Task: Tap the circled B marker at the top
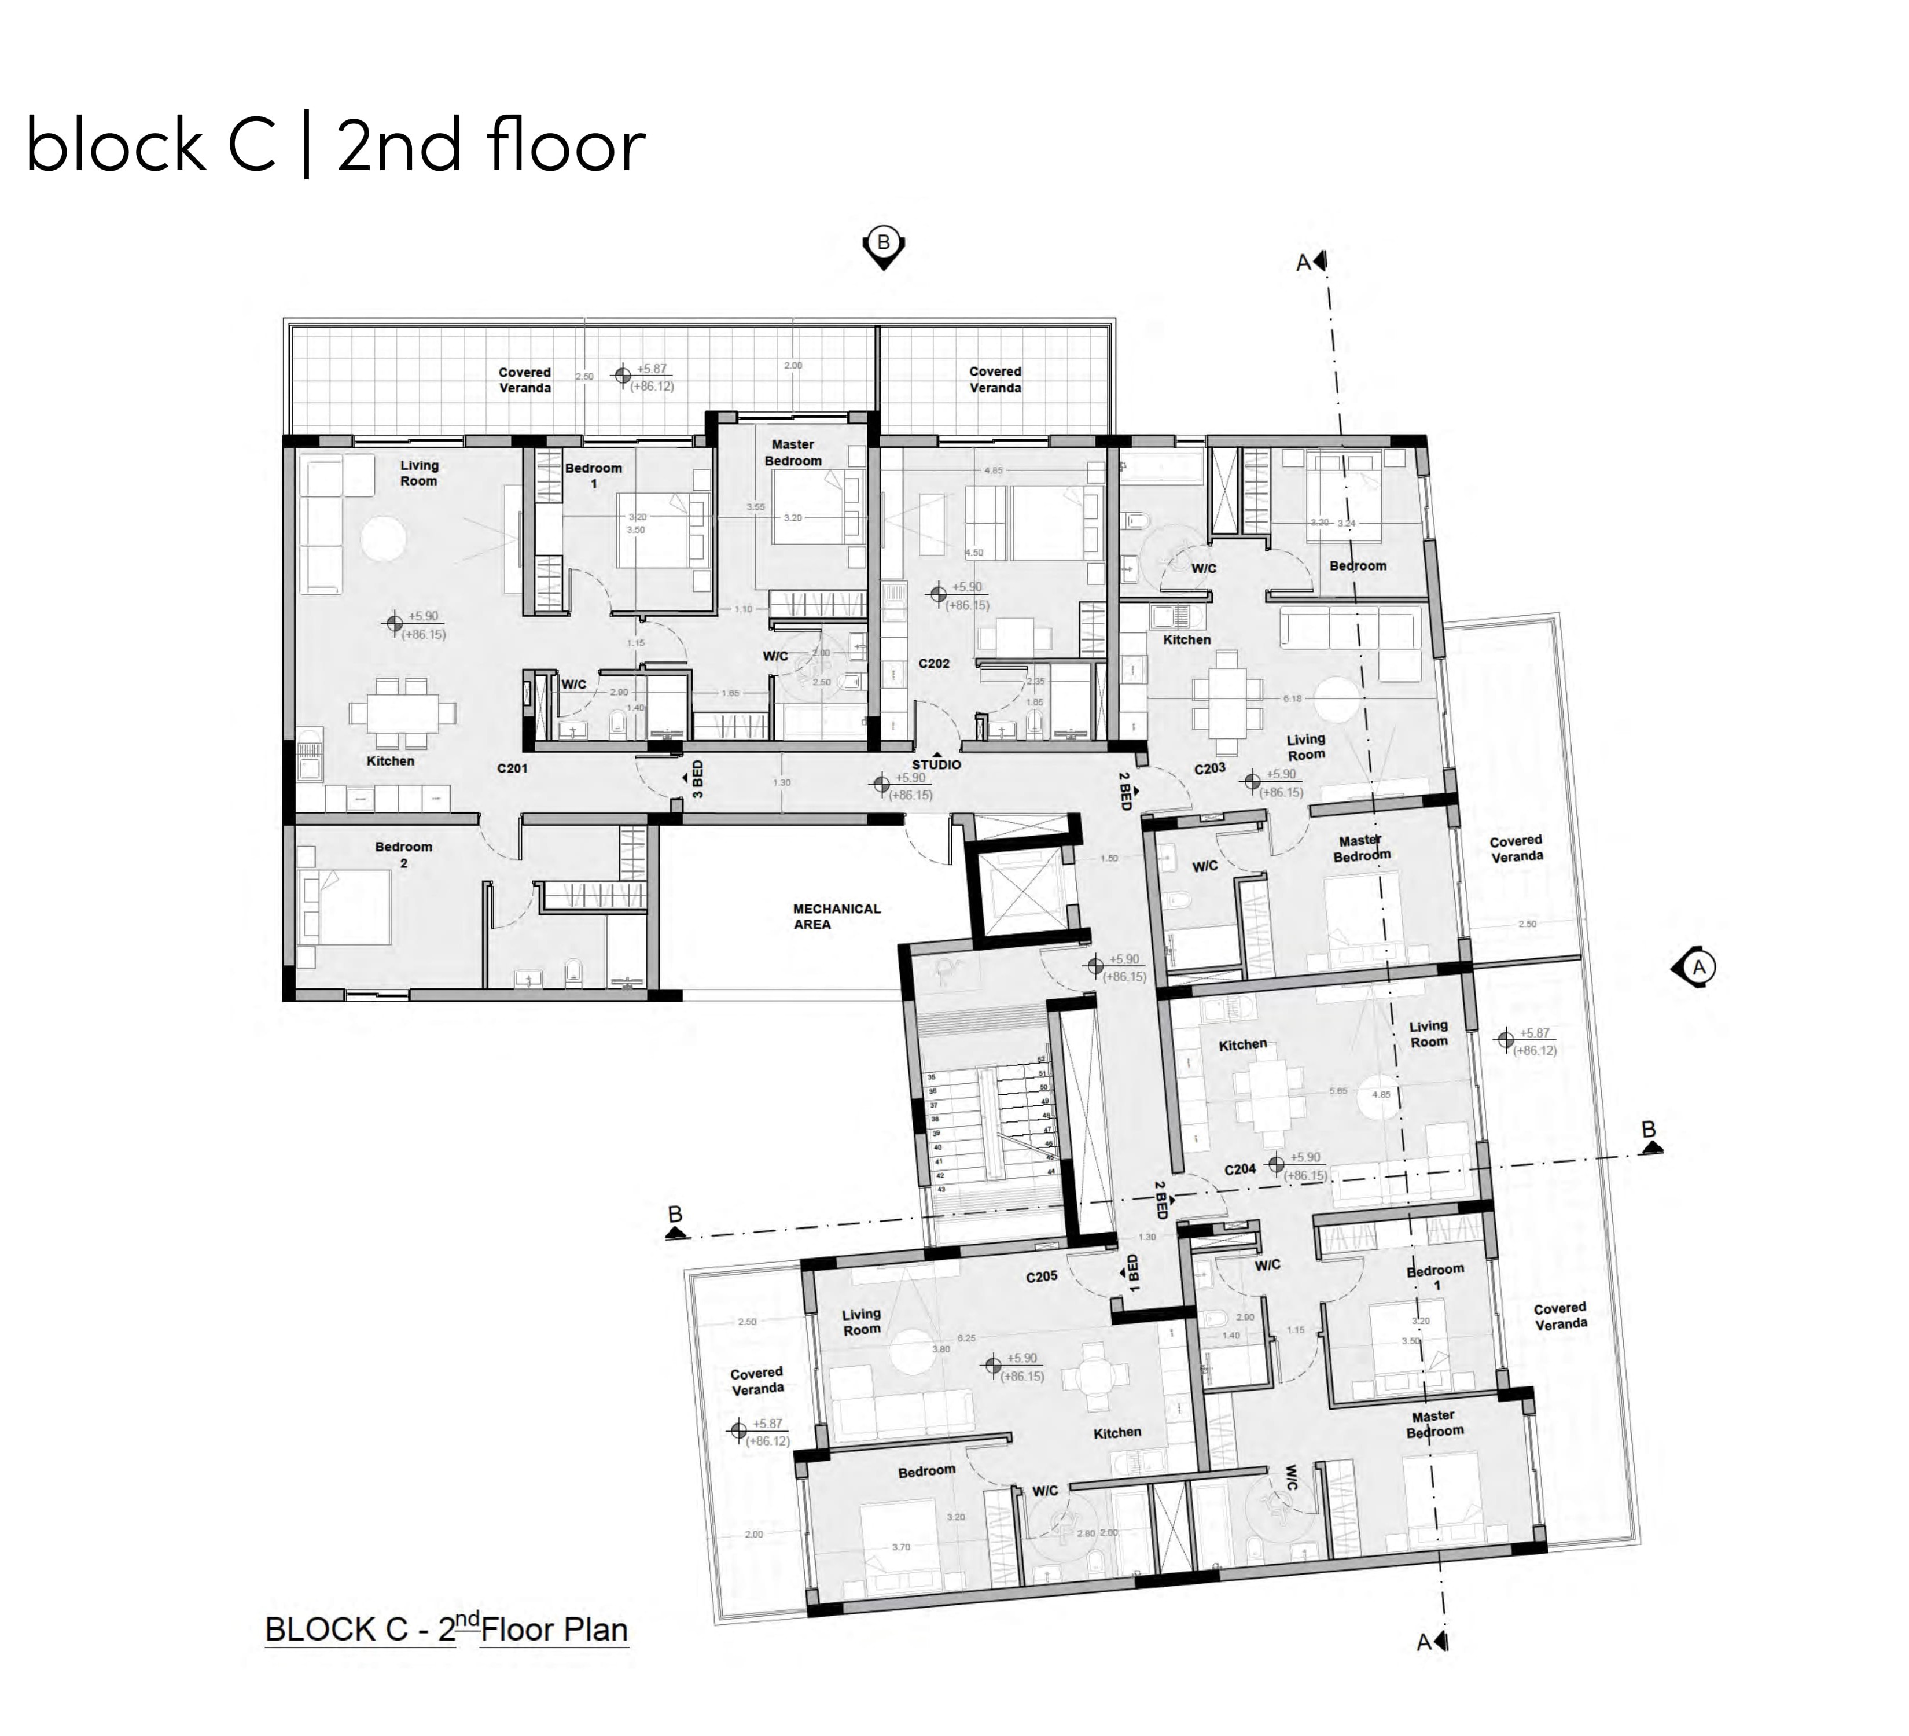click(x=884, y=244)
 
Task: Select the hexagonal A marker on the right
click(x=1698, y=967)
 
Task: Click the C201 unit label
click(x=512, y=768)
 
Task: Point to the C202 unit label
click(x=933, y=663)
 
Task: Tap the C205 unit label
click(x=1042, y=1276)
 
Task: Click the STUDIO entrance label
click(x=936, y=764)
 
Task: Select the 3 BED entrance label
click(x=698, y=778)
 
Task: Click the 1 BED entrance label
click(x=1134, y=1274)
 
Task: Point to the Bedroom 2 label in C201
click(x=403, y=854)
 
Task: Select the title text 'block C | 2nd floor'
click(x=335, y=145)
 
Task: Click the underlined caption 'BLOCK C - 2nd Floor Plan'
click(x=446, y=1629)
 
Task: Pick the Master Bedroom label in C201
click(x=793, y=452)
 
